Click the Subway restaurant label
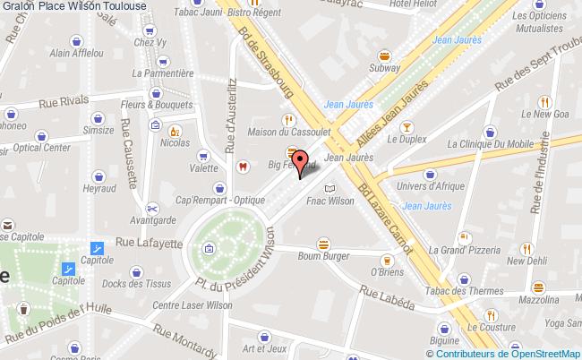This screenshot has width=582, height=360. (384, 67)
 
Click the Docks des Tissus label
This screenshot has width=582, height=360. (139, 285)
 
